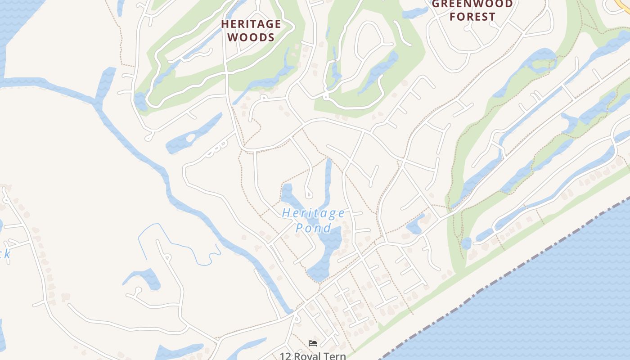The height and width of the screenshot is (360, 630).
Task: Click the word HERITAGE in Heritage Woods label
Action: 251,24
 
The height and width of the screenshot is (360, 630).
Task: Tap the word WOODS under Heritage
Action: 251,37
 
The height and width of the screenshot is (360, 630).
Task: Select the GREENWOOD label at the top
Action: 472,4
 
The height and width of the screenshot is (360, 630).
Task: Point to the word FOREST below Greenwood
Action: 472,17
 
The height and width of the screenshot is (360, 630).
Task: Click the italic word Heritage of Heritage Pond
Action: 313,213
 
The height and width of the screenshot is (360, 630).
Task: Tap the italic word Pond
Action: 313,228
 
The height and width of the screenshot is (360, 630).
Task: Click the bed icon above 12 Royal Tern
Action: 313,343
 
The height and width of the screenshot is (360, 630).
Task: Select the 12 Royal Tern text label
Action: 313,356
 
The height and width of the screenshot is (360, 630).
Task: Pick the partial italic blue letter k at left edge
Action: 6,254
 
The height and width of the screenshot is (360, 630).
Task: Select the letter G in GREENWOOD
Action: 436,4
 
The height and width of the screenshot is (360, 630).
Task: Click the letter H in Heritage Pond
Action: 286,213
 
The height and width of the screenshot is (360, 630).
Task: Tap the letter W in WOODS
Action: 233,37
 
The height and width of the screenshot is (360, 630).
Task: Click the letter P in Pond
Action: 300,228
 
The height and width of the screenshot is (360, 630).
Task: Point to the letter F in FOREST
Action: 453,17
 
